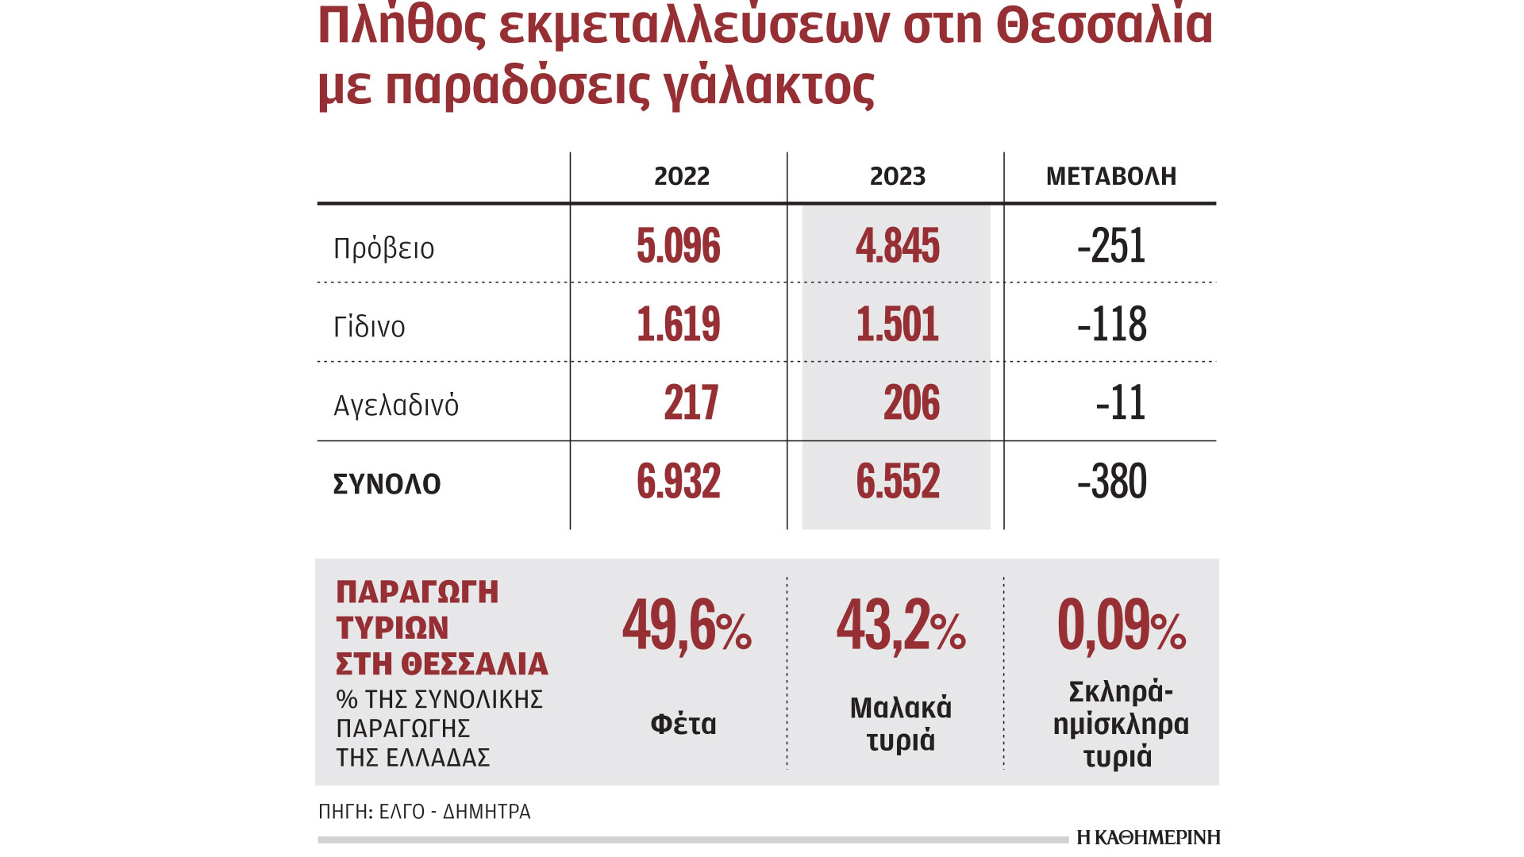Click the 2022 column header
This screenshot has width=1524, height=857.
[681, 176]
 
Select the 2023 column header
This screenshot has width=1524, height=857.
[897, 176]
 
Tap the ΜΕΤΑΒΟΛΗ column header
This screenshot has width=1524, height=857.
[1110, 176]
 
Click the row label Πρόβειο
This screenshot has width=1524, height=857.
[383, 248]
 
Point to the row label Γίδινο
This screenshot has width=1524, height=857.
[369, 327]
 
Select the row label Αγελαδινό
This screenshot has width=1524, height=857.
[395, 405]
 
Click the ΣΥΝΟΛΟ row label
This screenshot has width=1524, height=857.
[387, 484]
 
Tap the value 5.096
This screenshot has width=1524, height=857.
[678, 246]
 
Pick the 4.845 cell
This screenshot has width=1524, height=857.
[897, 246]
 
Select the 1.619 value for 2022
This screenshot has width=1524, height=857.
[678, 325]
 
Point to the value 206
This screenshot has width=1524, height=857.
[911, 403]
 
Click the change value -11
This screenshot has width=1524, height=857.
[1120, 403]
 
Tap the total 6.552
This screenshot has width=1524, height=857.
[897, 482]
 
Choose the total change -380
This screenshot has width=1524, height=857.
[1111, 482]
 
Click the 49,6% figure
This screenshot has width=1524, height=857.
[686, 627]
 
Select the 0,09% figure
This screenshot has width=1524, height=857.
[1121, 627]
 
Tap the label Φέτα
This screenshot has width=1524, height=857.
[683, 724]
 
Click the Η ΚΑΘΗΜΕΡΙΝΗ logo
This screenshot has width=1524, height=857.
[1148, 837]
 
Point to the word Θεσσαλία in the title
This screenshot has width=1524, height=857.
[1104, 25]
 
